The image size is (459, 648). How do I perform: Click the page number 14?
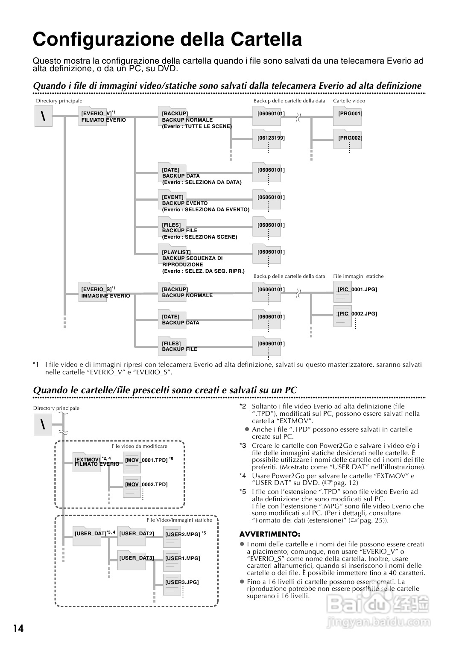tap(18, 628)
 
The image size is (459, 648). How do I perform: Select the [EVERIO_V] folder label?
tap(96, 114)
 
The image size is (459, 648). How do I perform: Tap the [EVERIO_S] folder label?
tap(96, 289)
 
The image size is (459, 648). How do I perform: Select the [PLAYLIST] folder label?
tap(176, 252)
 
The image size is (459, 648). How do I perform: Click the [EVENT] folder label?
tap(172, 197)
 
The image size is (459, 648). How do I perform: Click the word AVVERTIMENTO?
tap(270, 534)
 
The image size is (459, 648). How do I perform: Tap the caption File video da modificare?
tap(139, 446)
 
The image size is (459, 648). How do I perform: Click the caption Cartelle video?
tap(349, 101)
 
